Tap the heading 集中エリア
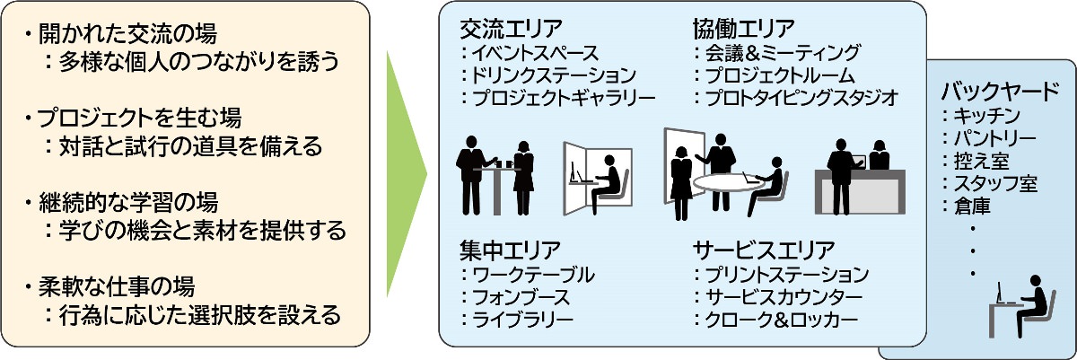point(511,249)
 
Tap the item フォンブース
point(521,296)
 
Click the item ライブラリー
point(521,319)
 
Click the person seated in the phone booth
point(609,177)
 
